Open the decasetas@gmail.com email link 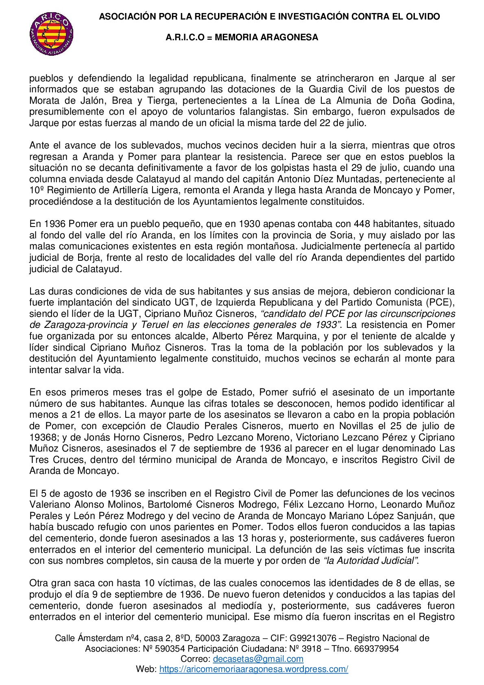pyautogui.click(x=258, y=659)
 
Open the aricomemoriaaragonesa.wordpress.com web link pyautogui.click(x=253, y=669)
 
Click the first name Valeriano pyautogui.click(x=49, y=505)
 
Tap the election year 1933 pyautogui.click(x=325, y=325)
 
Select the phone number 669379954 pyautogui.click(x=376, y=649)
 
